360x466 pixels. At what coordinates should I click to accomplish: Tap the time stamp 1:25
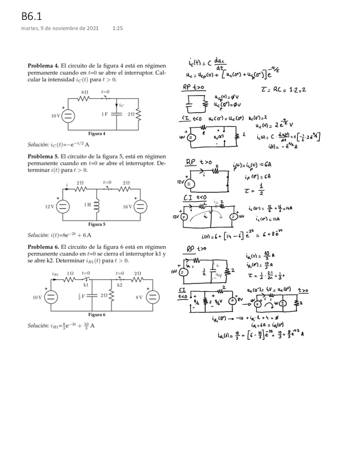coord(117,28)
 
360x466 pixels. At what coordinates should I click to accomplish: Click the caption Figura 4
coord(97,134)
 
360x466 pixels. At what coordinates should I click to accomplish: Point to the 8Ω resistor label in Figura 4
coord(85,92)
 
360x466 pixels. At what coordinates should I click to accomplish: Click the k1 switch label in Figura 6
coord(86,285)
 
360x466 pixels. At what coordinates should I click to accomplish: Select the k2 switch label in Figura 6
coord(120,285)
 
